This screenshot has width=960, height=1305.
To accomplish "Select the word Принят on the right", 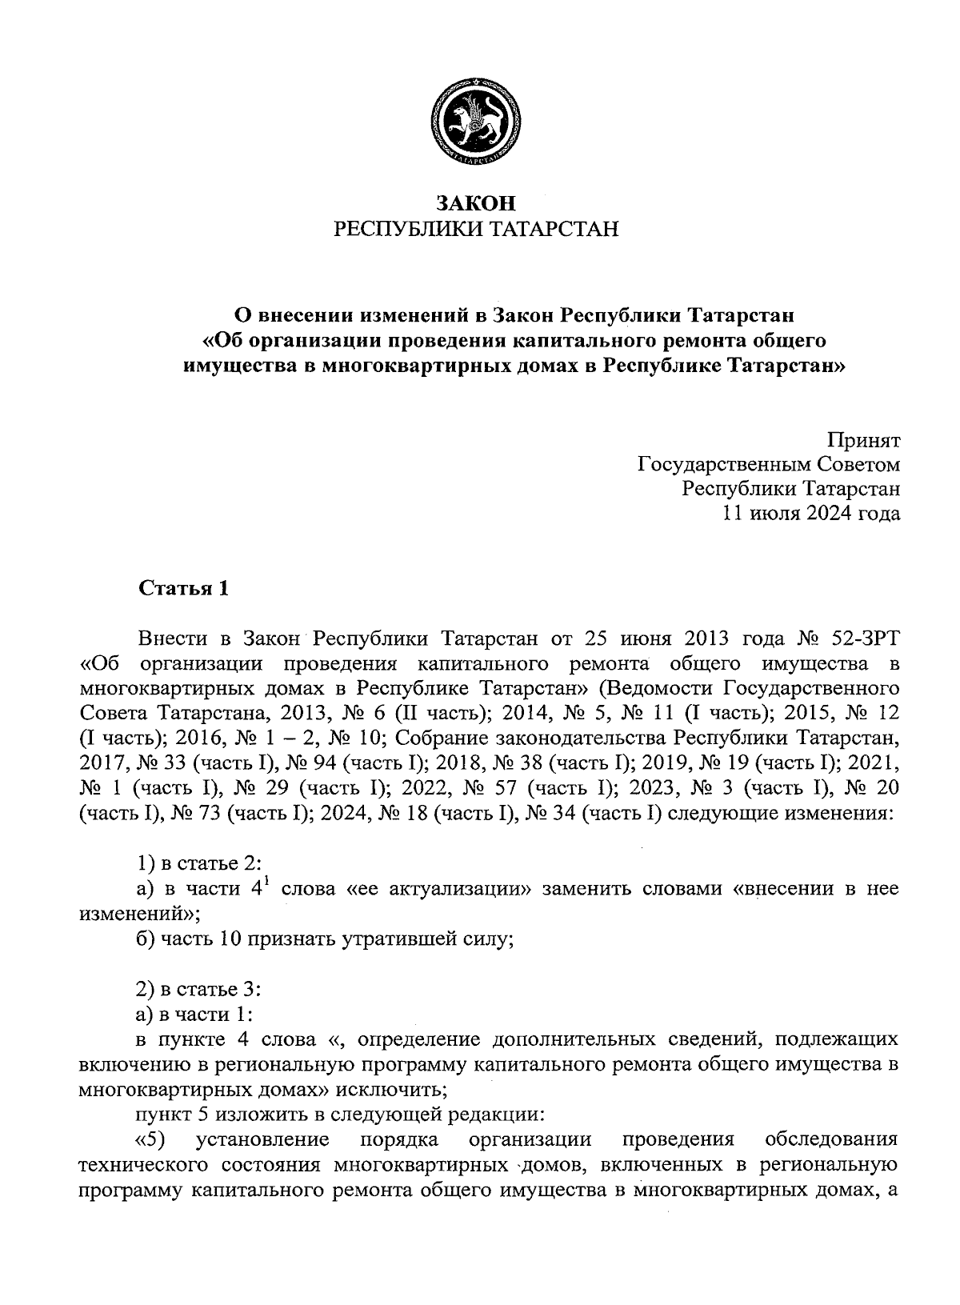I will pos(863,440).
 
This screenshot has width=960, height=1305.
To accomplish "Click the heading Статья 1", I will pos(184,589).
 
